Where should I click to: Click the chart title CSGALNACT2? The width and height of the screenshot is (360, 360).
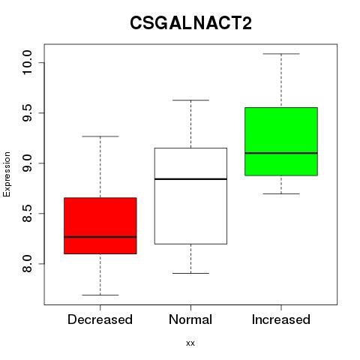(190, 23)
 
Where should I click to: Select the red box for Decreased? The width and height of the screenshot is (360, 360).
(100, 226)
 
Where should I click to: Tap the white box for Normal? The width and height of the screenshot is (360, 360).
(190, 196)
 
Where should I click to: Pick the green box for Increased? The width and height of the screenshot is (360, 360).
(281, 142)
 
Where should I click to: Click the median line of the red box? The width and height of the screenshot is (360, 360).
(100, 237)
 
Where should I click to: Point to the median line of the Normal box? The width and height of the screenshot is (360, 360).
(190, 179)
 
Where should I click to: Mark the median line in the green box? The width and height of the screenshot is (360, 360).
(281, 153)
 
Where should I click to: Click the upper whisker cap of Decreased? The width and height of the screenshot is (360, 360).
(100, 136)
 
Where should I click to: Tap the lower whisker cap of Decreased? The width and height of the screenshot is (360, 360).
(100, 295)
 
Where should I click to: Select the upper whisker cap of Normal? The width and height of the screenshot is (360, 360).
(190, 100)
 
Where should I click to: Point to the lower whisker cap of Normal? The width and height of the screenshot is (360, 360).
(190, 273)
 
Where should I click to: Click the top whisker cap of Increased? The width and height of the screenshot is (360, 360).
(281, 54)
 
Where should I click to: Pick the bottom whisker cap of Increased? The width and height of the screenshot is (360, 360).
(281, 193)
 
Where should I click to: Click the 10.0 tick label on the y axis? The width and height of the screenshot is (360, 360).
(27, 62)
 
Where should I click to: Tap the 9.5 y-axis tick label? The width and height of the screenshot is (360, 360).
(27, 112)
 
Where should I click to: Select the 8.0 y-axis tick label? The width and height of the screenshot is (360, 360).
(27, 264)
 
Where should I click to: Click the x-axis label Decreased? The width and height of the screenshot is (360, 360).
(100, 319)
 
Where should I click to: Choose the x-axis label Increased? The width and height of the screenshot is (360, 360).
(281, 319)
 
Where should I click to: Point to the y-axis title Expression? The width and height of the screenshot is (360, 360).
(7, 174)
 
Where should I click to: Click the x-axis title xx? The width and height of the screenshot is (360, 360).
(190, 343)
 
